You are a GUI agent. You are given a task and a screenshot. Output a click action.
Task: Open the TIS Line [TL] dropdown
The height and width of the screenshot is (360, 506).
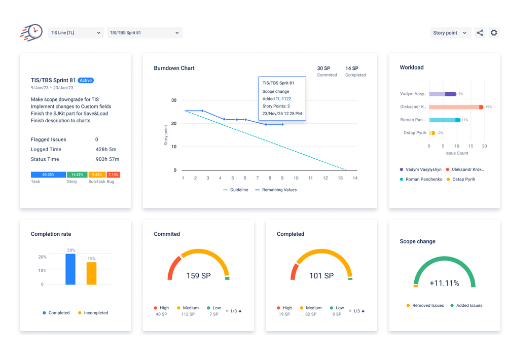[76, 33]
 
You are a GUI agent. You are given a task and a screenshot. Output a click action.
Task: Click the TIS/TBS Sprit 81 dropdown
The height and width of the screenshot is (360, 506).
[144, 33]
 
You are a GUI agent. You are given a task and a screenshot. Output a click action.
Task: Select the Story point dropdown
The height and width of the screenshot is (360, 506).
[450, 33]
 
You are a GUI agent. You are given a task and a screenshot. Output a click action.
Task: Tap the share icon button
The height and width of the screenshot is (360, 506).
[480, 33]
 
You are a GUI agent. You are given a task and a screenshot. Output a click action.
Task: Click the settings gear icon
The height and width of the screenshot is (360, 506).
[494, 33]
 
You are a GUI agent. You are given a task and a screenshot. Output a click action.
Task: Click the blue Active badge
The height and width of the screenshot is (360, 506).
[86, 80]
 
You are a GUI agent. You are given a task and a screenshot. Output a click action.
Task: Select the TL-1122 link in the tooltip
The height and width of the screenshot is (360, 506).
[283, 99]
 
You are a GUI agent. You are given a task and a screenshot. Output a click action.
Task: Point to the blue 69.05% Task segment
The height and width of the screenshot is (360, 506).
[48, 174]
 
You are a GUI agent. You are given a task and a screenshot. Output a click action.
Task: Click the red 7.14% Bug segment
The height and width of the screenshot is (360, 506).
[113, 174]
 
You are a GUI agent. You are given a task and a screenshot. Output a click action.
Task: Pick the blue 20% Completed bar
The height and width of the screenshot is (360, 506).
[70, 269]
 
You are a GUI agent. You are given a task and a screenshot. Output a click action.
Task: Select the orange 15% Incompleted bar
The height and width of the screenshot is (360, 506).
[91, 273]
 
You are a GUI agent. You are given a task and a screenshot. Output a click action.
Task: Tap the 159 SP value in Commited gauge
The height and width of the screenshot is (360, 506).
[199, 276]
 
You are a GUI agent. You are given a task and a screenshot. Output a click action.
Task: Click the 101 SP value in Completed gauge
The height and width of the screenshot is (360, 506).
[321, 276]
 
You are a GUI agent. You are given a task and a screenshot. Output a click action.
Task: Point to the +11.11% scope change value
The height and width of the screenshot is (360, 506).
[444, 283]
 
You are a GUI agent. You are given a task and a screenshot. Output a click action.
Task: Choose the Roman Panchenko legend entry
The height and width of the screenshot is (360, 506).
[421, 179]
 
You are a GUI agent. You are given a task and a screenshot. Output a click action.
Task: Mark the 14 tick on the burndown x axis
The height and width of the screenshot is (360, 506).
[355, 178]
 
